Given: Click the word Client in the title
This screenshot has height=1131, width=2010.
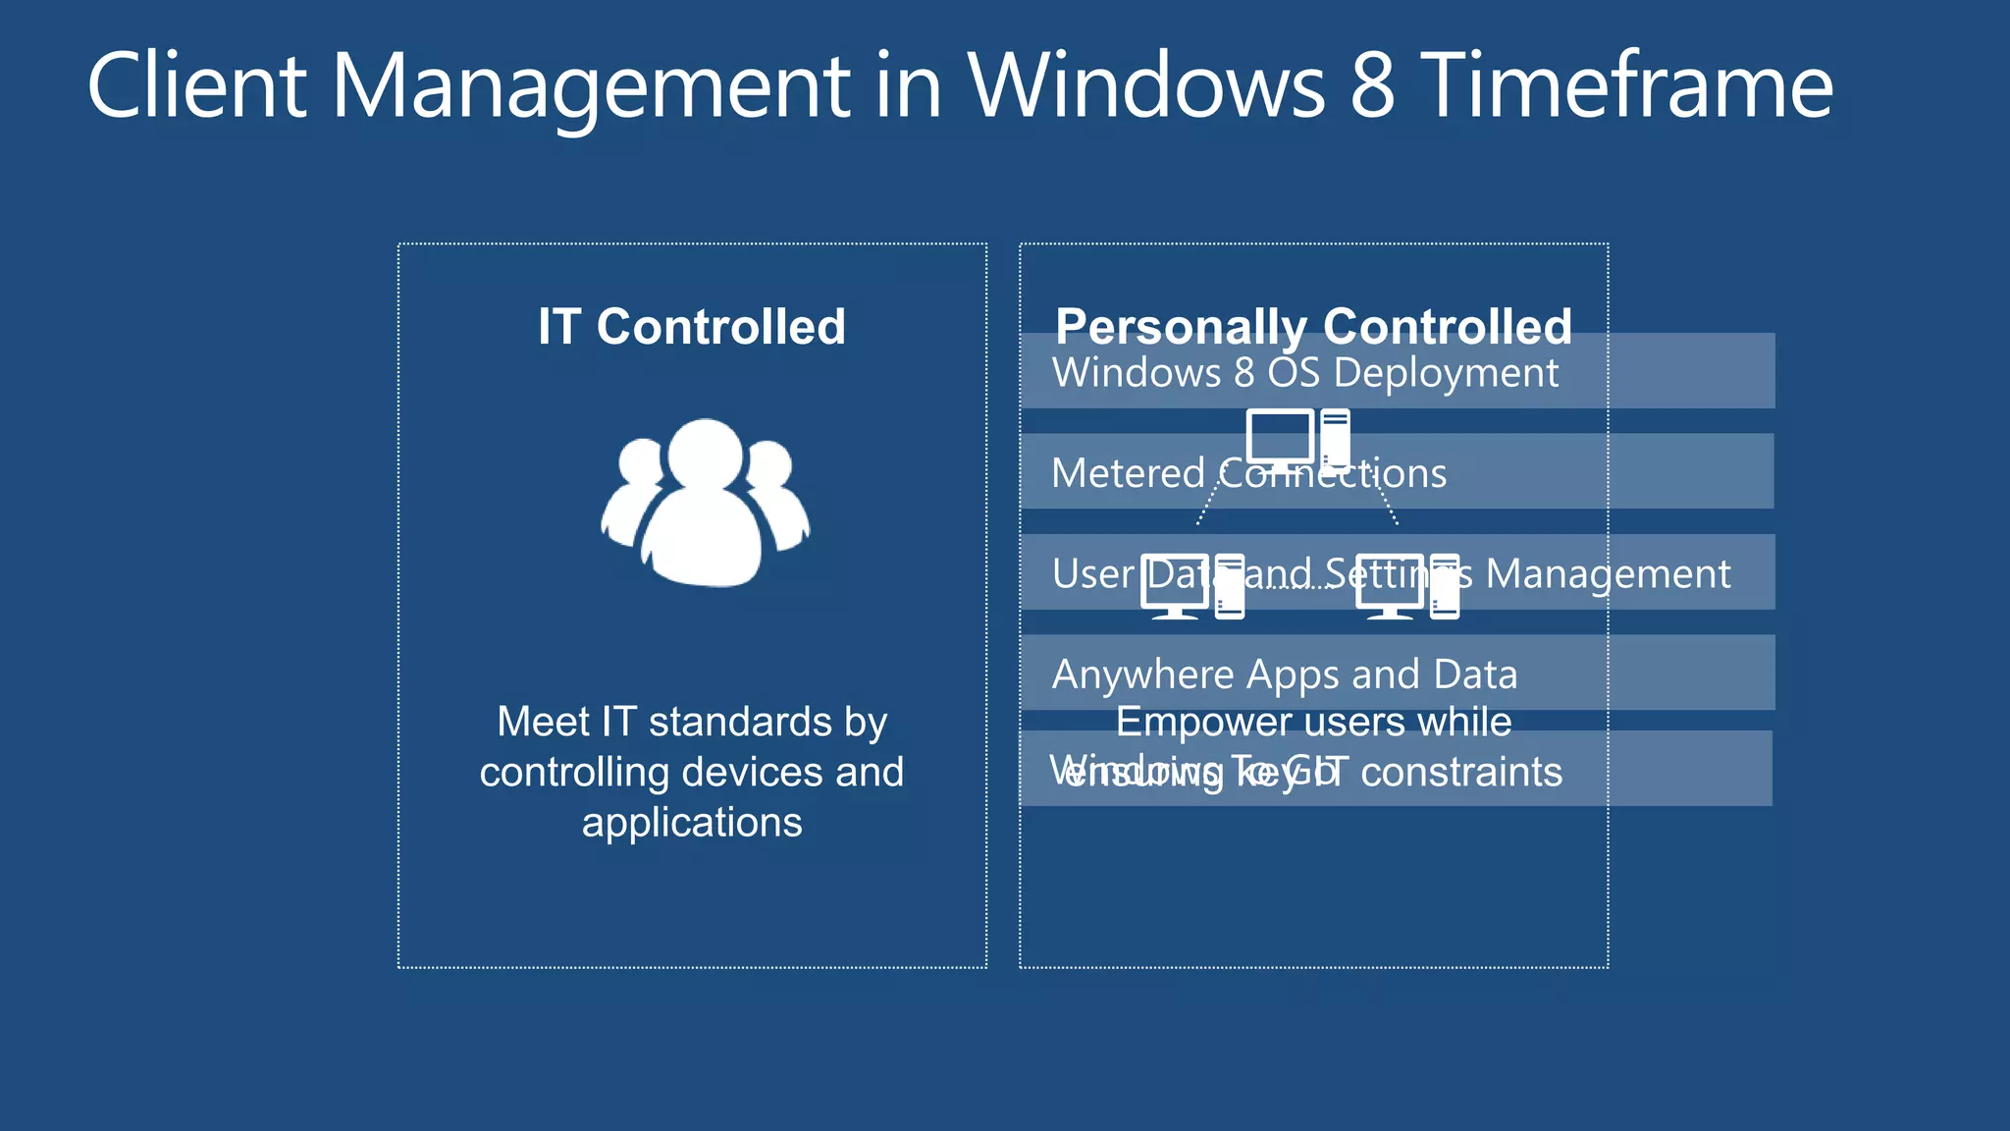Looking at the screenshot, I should (x=196, y=86).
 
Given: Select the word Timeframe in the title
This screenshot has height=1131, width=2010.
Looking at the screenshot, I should (x=1627, y=86).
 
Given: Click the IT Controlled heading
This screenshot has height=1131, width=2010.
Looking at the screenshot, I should (x=692, y=326).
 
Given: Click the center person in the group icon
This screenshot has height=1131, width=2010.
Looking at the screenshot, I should (x=704, y=506).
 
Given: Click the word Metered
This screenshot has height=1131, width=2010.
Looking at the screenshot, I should (x=1128, y=473).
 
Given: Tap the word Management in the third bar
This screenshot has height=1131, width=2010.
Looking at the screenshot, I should (x=1608, y=573).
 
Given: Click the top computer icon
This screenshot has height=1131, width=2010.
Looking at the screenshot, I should (x=1297, y=439).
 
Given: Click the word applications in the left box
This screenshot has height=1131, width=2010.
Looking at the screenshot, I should (x=692, y=822).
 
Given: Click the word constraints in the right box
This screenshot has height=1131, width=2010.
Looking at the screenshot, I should (x=1460, y=773).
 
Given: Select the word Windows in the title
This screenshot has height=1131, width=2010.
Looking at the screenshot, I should (x=1146, y=86).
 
